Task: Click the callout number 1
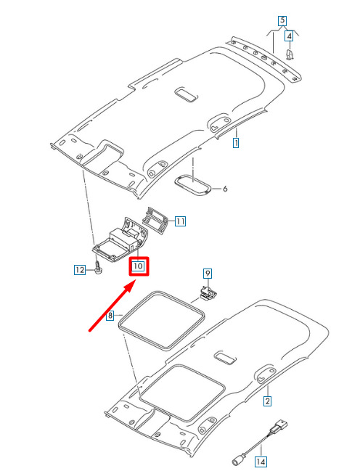[x=236, y=143]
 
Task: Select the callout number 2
[x=267, y=401]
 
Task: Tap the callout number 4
[x=289, y=36]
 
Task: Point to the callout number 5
[x=282, y=21]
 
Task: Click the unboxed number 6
[x=225, y=189]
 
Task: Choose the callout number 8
[x=110, y=316]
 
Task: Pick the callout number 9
[x=208, y=274]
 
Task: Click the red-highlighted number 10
[x=139, y=266]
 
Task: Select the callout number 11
[x=180, y=221]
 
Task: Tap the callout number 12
[x=80, y=270]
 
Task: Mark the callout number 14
[x=261, y=462]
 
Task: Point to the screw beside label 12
[x=97, y=269]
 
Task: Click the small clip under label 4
[x=289, y=55]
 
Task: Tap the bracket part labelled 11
[x=155, y=221]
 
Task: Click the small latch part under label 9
[x=208, y=292]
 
